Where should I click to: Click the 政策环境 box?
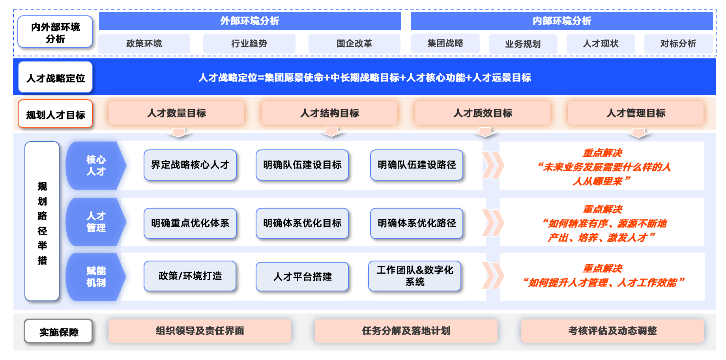[x=144, y=43]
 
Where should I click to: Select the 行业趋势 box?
[x=249, y=43]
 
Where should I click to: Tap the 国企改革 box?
[x=354, y=43]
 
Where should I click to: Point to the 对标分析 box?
[x=678, y=43]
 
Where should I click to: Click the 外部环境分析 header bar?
[x=250, y=21]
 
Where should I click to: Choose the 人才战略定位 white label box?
[x=55, y=78]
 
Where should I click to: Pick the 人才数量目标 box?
[x=176, y=113]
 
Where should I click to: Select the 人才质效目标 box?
[x=483, y=113]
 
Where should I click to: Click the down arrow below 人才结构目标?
[x=332, y=132]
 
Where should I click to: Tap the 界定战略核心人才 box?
[x=190, y=165]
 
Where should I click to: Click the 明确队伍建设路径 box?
[x=417, y=165]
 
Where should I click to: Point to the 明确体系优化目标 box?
[x=302, y=223]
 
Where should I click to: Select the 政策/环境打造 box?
[x=190, y=276]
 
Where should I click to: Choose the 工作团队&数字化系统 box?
[x=415, y=276]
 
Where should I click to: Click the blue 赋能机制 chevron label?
[x=96, y=277]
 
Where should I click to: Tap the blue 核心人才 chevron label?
[x=96, y=166]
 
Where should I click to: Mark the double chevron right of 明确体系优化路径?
[x=493, y=223]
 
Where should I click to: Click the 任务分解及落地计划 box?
[x=406, y=331]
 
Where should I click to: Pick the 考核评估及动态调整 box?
[x=612, y=331]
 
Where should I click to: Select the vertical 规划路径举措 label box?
[x=42, y=222]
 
